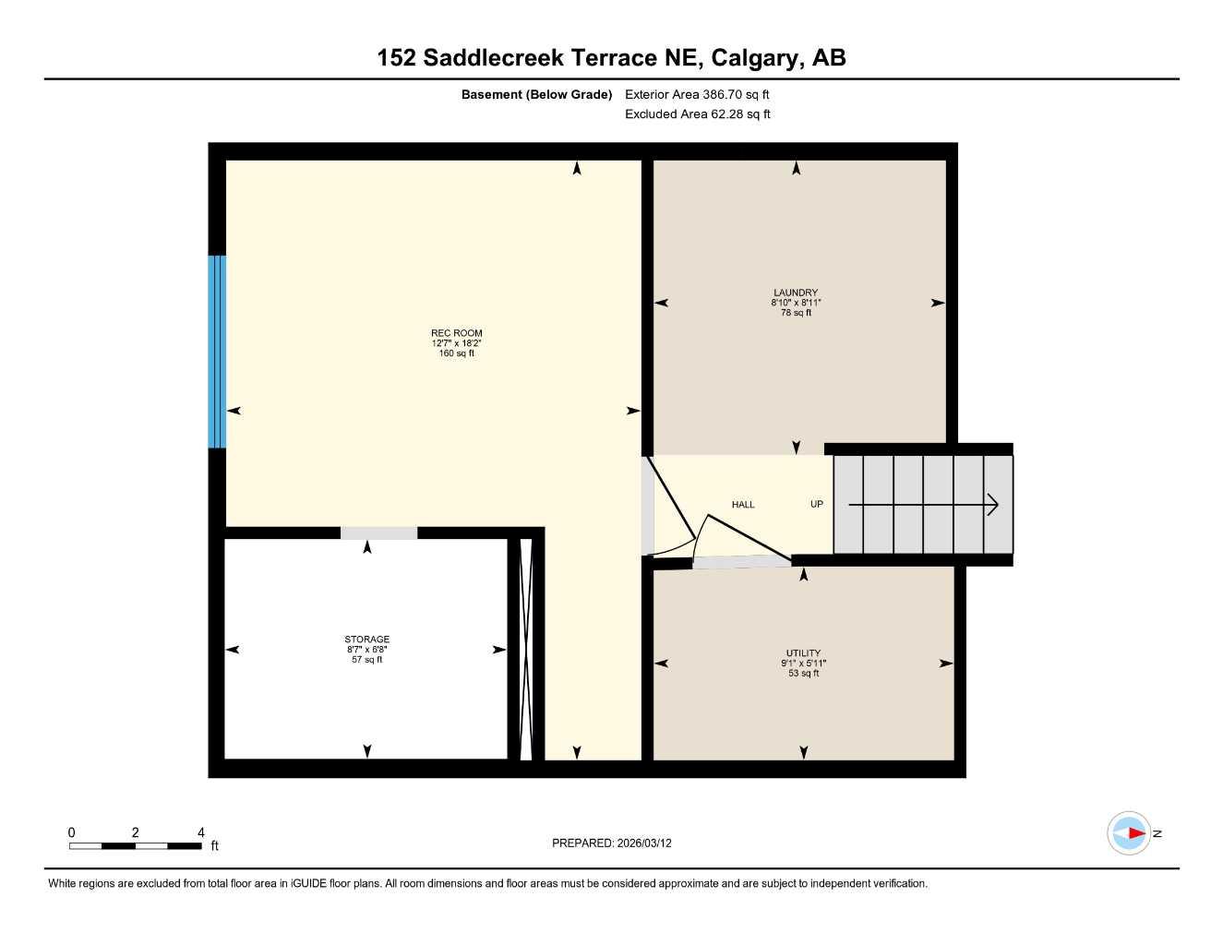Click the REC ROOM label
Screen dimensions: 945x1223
pyautogui.click(x=456, y=333)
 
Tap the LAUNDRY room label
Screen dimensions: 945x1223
pyautogui.click(x=796, y=293)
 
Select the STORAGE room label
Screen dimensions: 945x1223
pyautogui.click(x=366, y=639)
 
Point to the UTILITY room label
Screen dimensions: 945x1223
pyautogui.click(x=803, y=652)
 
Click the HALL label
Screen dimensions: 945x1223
pyautogui.click(x=743, y=505)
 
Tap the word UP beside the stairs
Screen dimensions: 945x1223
pyautogui.click(x=817, y=505)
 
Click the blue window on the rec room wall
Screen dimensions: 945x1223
pyautogui.click(x=217, y=352)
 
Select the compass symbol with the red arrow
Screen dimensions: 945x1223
pyautogui.click(x=1130, y=833)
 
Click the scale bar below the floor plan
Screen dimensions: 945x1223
pyautogui.click(x=136, y=845)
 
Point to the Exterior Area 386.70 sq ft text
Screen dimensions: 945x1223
pyautogui.click(x=697, y=94)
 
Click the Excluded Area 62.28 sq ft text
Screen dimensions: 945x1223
pyautogui.click(x=697, y=114)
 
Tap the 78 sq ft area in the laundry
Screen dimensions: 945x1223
pyautogui.click(x=796, y=313)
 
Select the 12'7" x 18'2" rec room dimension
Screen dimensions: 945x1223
pyautogui.click(x=456, y=343)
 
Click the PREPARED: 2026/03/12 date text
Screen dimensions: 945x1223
pyautogui.click(x=611, y=843)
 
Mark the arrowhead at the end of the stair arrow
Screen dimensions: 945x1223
pyautogui.click(x=993, y=505)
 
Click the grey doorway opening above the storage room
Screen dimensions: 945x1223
pyautogui.click(x=378, y=532)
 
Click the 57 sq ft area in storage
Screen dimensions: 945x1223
pyautogui.click(x=366, y=660)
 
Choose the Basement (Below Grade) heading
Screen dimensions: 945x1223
pyautogui.click(x=536, y=94)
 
